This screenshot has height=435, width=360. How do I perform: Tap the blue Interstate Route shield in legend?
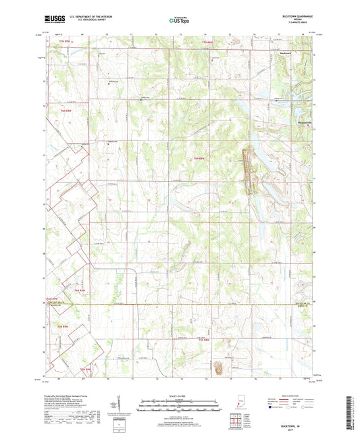pos(272,407)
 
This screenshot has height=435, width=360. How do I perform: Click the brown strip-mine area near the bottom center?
pos(220,368)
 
